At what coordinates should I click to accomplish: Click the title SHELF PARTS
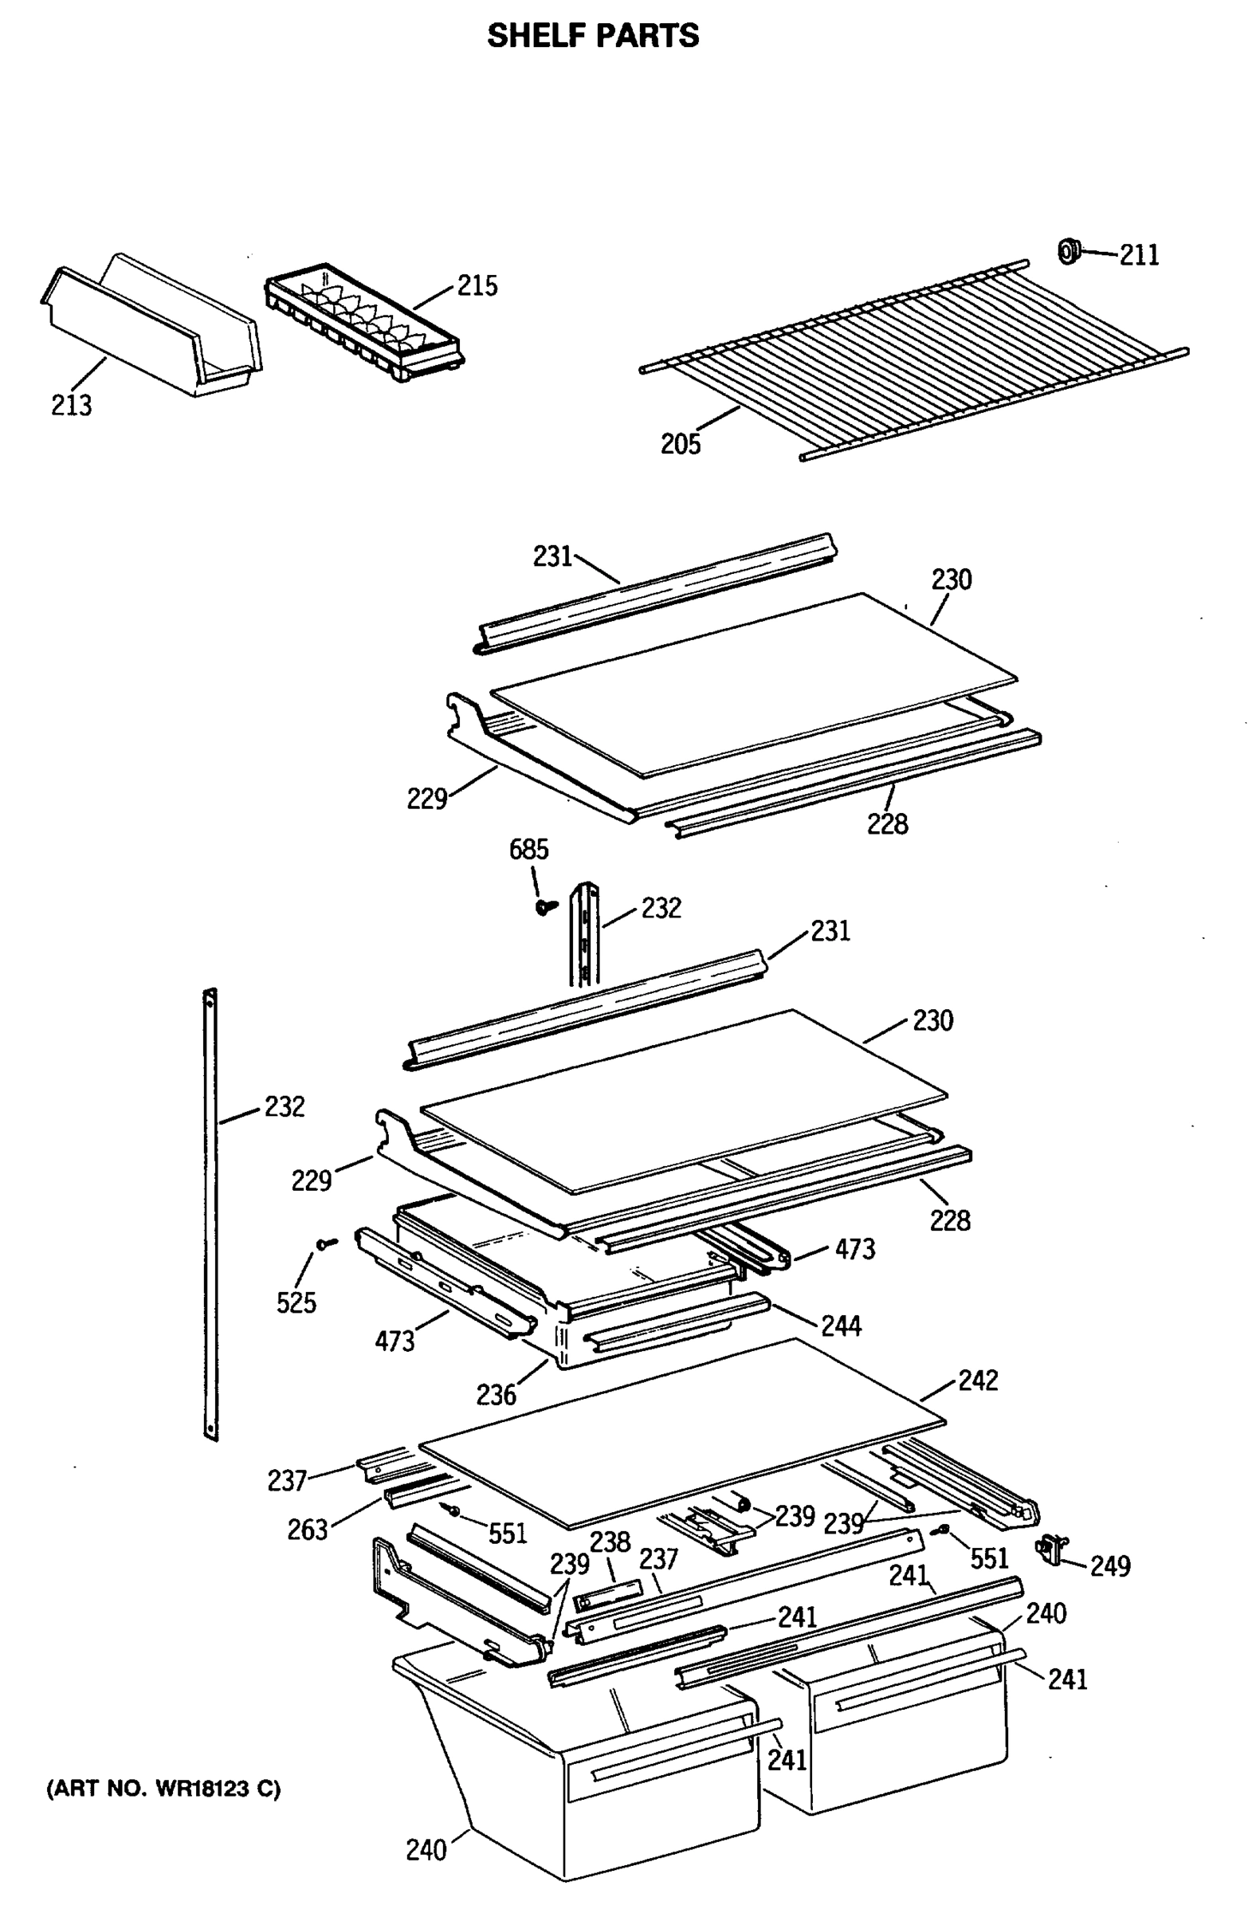tap(593, 36)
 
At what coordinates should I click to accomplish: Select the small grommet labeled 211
tap(1068, 252)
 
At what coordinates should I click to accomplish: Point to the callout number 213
tap(72, 406)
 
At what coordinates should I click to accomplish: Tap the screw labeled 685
tap(547, 906)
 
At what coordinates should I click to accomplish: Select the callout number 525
tap(296, 1303)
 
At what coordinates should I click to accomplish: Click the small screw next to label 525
tap(325, 1244)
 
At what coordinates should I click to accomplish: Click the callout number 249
tap(1109, 1565)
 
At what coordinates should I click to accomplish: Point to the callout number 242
tap(978, 1380)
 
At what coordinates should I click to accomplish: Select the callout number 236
tap(496, 1395)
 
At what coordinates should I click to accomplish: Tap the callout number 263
tap(308, 1530)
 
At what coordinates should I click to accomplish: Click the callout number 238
tap(610, 1541)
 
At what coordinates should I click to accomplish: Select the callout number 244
tap(841, 1326)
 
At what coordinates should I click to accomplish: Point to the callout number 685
tap(528, 850)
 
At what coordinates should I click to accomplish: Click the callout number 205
tap(681, 444)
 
